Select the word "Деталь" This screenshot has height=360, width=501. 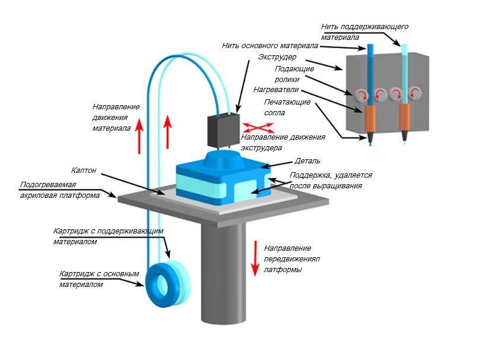coord(308,161)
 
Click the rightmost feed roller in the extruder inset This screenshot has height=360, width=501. coord(416,93)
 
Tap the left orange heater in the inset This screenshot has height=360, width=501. coord(370,119)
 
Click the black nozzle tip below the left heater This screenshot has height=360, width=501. coord(370,138)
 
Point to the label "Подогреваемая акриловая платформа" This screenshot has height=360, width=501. coord(60,189)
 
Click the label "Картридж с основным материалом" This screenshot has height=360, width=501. coord(99,279)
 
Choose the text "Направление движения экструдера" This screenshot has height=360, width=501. coord(282,142)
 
